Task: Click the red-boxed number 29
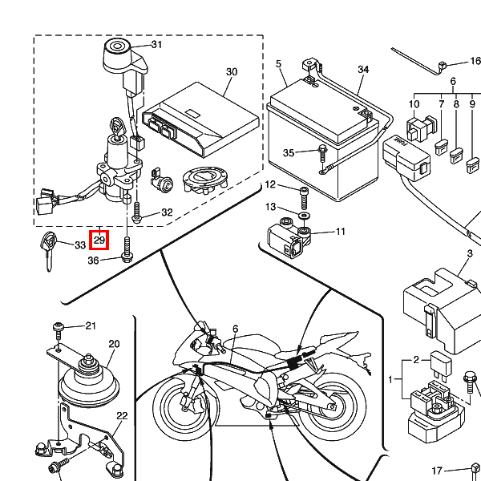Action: (x=99, y=240)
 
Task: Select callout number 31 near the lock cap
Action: (x=156, y=44)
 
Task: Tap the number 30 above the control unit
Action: (x=232, y=72)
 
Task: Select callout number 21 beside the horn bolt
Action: (x=90, y=325)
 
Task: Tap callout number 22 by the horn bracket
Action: (x=122, y=416)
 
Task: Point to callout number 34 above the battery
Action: (x=363, y=71)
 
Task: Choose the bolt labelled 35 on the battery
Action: (x=321, y=150)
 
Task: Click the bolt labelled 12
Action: (x=304, y=193)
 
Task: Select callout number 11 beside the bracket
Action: (x=340, y=232)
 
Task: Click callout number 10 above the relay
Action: (x=414, y=104)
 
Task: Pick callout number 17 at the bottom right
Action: (x=437, y=470)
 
